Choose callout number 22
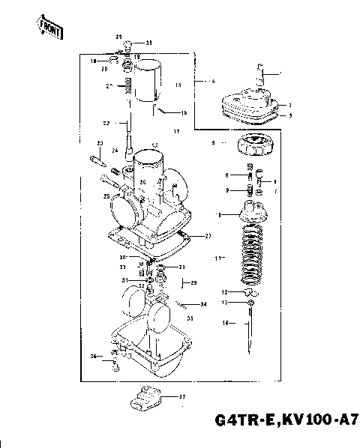tap(106, 123)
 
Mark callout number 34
tap(202, 304)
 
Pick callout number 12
tap(223, 291)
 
